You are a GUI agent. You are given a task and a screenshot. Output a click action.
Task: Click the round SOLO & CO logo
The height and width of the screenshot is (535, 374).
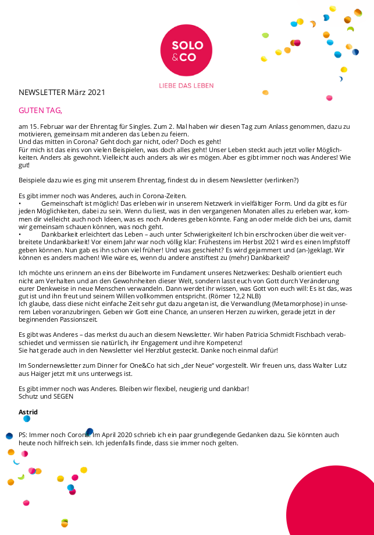coord(187,50)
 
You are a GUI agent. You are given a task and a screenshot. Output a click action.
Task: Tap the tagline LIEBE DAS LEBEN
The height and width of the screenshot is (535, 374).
coord(187,86)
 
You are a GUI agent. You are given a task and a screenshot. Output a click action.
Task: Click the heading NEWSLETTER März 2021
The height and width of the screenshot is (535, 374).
coord(62,93)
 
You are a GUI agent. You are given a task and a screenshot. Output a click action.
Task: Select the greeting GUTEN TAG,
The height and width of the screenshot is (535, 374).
coord(40,110)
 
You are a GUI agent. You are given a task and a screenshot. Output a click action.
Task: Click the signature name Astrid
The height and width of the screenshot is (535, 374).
coord(28,412)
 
